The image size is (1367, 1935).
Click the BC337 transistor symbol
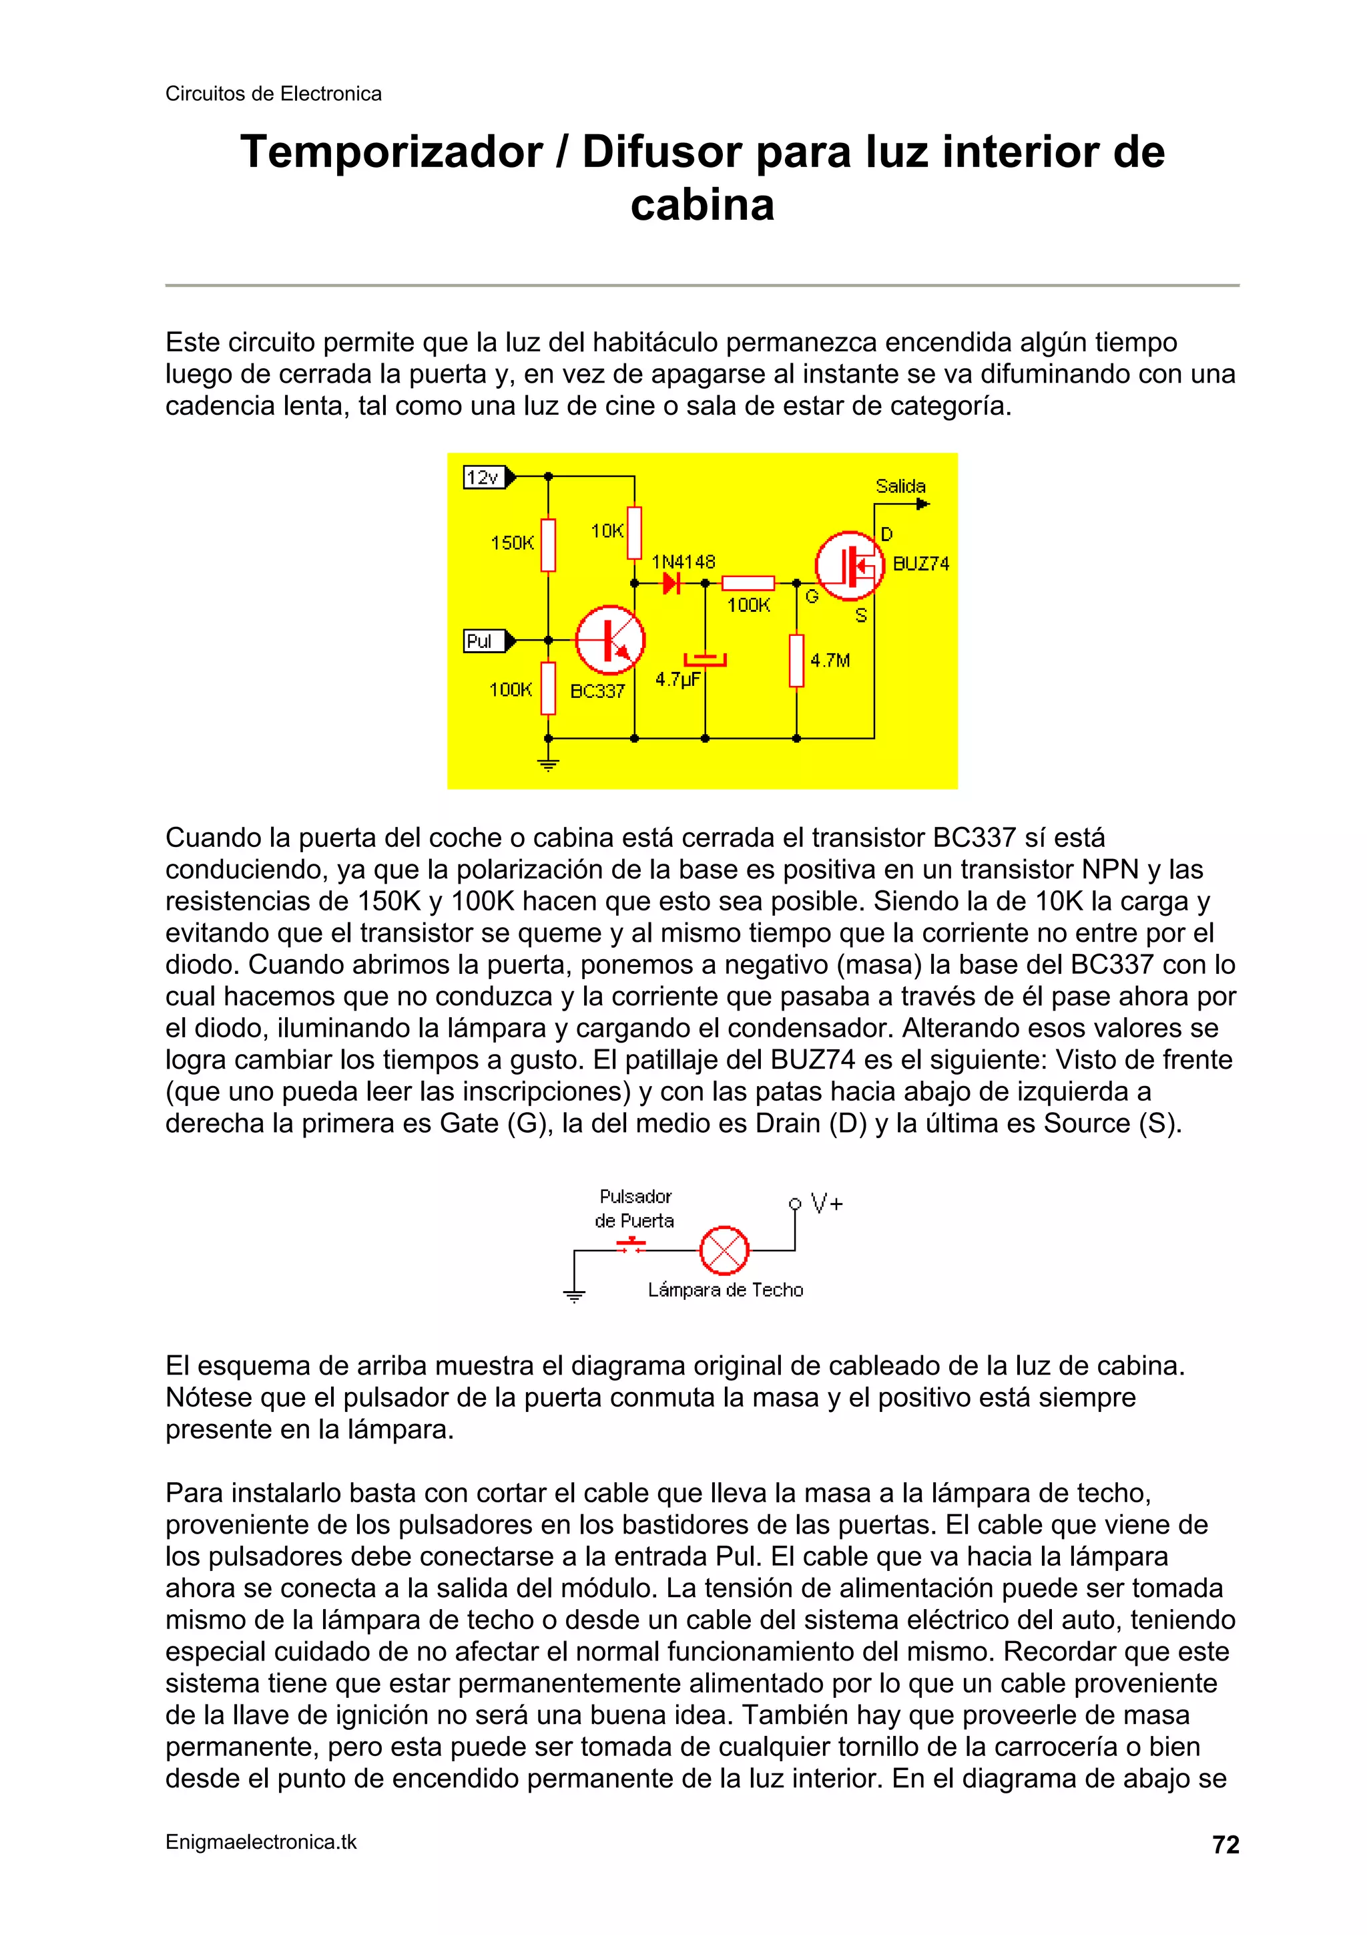click(x=610, y=640)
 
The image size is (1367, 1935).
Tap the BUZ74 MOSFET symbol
click(x=849, y=566)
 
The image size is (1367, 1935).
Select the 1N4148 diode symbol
click(x=671, y=582)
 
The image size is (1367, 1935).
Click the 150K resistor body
click(x=548, y=544)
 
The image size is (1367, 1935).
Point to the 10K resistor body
click(x=634, y=532)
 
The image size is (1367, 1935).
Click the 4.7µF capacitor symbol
click(x=705, y=659)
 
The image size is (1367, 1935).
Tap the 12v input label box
click(x=483, y=477)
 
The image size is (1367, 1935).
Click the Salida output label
click(x=900, y=486)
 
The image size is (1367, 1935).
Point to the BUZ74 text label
click(x=920, y=564)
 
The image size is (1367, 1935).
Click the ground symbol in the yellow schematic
click(x=548, y=763)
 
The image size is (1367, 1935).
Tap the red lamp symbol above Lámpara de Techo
click(x=724, y=1250)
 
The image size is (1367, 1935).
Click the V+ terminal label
click(x=826, y=1204)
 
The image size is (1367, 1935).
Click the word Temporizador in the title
click(x=391, y=152)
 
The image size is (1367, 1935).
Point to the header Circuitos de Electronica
click(x=273, y=94)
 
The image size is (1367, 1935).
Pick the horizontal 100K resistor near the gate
click(x=748, y=583)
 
